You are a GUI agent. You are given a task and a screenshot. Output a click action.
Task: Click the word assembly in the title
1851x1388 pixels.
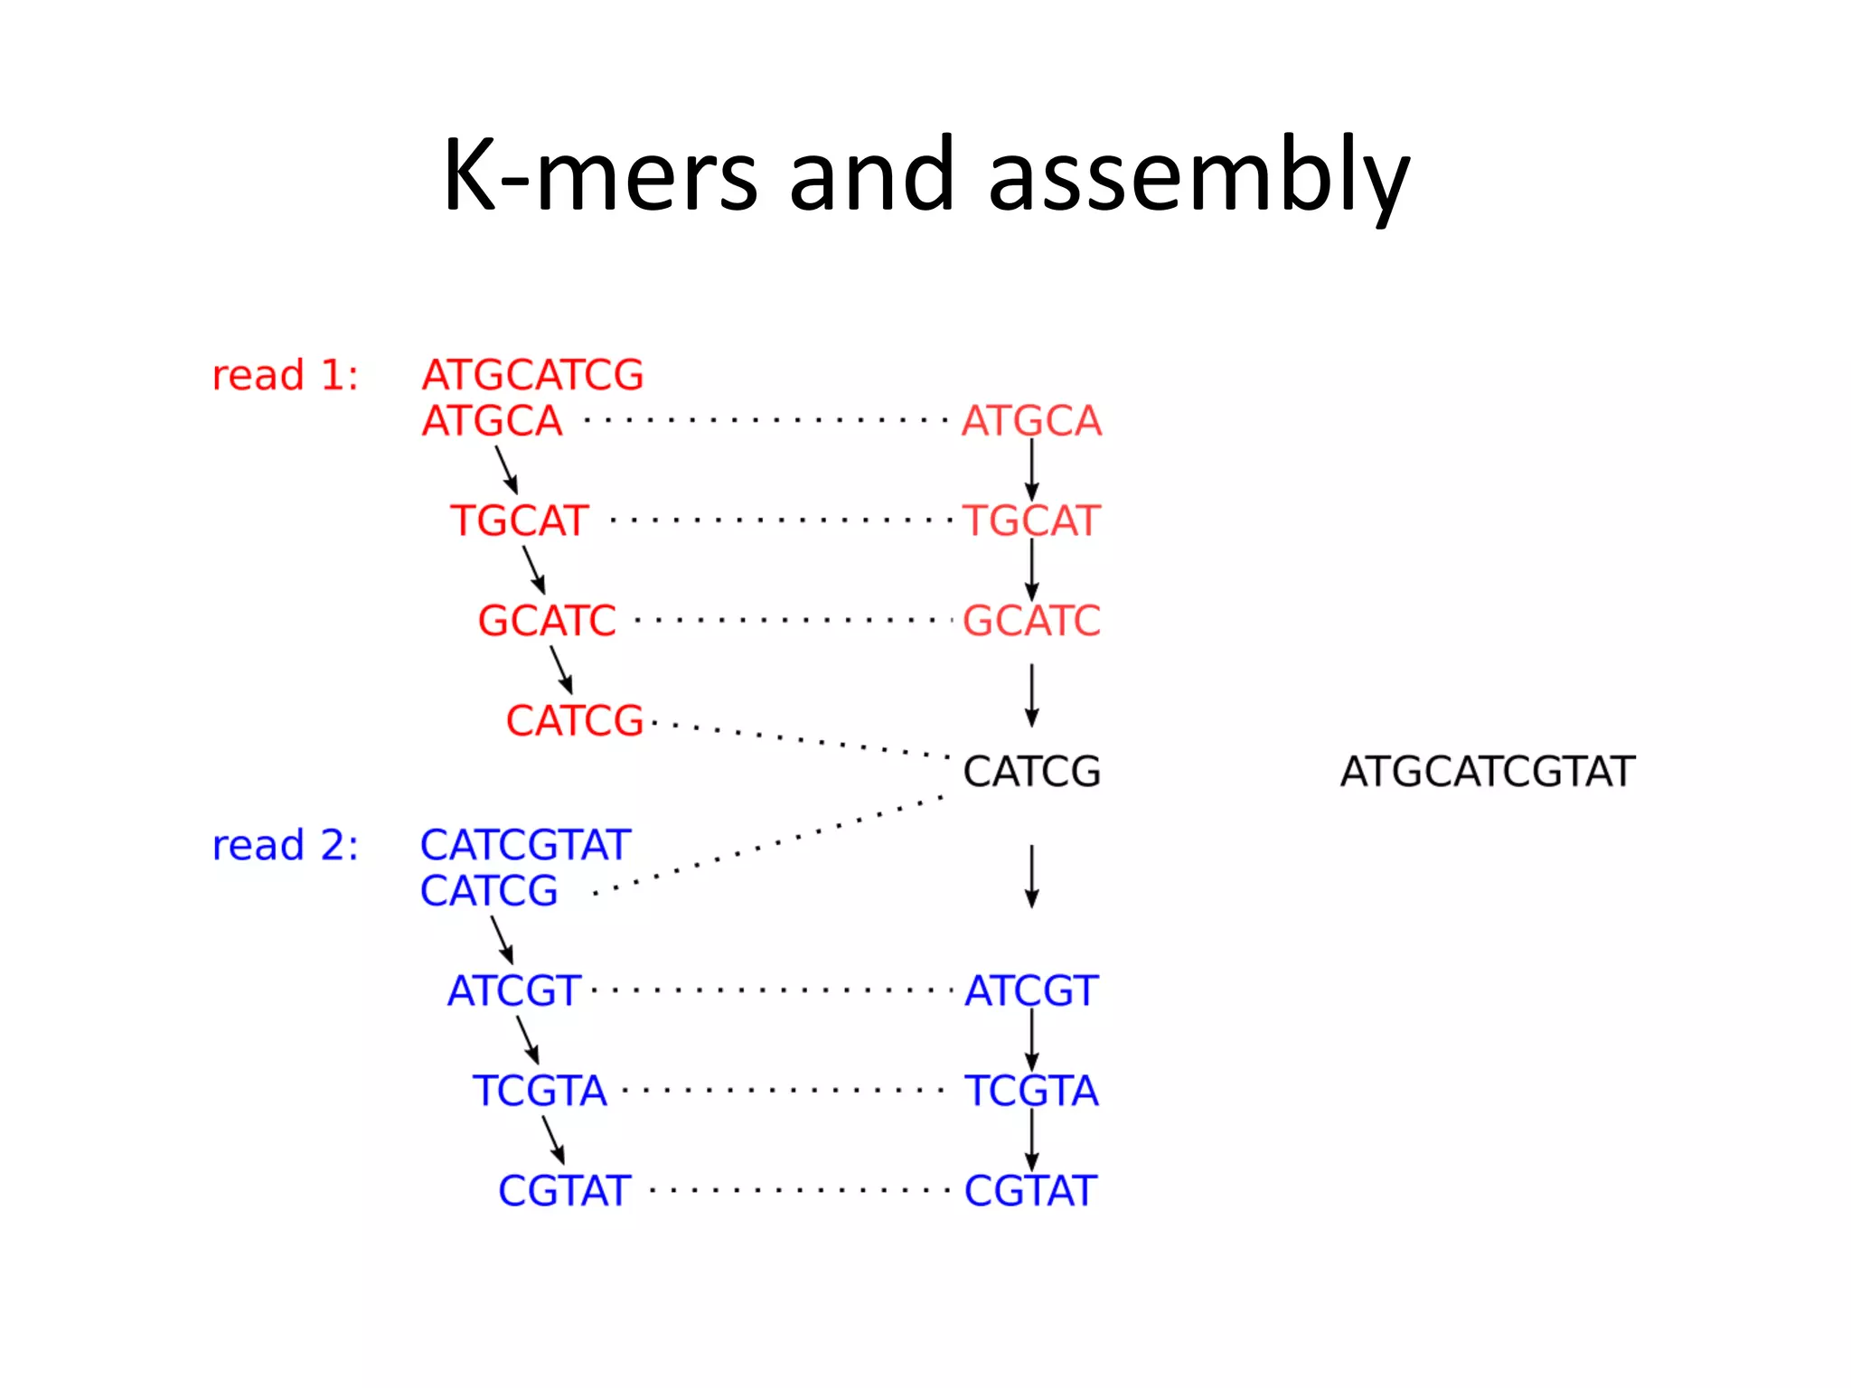1198,176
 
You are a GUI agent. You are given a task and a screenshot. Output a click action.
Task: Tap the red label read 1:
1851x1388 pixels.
285,375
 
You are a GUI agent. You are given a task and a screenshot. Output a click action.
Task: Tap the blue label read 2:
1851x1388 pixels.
285,846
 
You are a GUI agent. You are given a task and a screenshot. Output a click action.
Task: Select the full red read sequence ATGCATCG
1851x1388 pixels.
532,375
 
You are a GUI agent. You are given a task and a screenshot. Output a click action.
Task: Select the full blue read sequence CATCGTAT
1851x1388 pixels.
525,846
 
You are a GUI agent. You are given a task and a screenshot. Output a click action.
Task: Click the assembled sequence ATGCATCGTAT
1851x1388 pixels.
1488,772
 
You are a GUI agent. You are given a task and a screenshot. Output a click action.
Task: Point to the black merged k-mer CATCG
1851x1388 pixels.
1031,772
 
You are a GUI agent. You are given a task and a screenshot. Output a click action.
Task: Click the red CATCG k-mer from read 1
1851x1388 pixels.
574,721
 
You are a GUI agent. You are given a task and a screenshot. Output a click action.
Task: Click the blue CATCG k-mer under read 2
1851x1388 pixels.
489,891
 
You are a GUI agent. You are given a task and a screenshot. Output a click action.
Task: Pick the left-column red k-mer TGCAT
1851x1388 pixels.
520,521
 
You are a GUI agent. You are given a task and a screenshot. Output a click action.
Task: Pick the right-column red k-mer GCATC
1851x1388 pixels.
1031,621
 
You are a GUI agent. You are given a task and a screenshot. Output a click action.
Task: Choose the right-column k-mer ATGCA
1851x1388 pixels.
1031,421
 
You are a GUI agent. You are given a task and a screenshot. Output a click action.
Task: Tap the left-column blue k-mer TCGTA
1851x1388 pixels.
540,1091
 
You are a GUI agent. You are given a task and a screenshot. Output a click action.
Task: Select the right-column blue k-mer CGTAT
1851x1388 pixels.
1030,1191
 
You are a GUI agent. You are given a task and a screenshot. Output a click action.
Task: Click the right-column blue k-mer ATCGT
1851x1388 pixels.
1031,991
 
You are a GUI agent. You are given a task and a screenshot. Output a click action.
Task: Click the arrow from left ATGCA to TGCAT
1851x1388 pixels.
506,470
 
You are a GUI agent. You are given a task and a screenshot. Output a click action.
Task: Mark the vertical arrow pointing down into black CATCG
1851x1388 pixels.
1031,696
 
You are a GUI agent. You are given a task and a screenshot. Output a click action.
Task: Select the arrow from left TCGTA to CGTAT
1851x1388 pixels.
553,1139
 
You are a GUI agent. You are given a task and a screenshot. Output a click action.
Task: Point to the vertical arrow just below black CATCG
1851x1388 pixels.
1031,877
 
